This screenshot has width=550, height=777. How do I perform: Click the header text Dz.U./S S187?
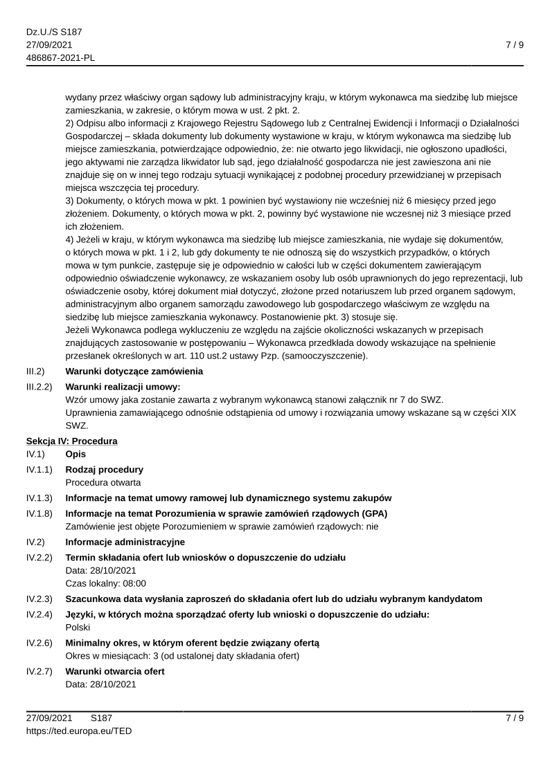[54, 32]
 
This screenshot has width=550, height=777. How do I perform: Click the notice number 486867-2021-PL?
[61, 57]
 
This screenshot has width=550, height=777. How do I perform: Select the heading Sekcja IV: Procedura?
[72, 441]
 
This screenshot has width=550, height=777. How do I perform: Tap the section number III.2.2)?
[39, 386]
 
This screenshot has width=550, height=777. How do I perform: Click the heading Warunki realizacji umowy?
[123, 386]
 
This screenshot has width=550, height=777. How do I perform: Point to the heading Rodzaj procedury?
[105, 469]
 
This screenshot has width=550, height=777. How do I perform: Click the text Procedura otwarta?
[103, 482]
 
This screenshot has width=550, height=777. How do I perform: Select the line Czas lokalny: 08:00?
[105, 583]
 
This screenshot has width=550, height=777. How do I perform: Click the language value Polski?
[78, 628]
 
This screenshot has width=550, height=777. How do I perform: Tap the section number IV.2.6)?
[39, 643]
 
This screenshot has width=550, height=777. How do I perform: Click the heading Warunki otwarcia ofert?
[115, 671]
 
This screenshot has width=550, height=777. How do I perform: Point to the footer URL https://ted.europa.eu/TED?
[79, 730]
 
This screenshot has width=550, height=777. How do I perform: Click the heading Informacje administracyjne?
[125, 541]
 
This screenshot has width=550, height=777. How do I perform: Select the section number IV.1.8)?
[39, 513]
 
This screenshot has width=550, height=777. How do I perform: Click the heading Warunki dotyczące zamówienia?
[134, 372]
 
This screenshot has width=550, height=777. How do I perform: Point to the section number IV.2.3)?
[39, 598]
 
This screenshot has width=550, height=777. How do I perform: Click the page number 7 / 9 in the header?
[514, 45]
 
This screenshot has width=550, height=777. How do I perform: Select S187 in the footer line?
[101, 717]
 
